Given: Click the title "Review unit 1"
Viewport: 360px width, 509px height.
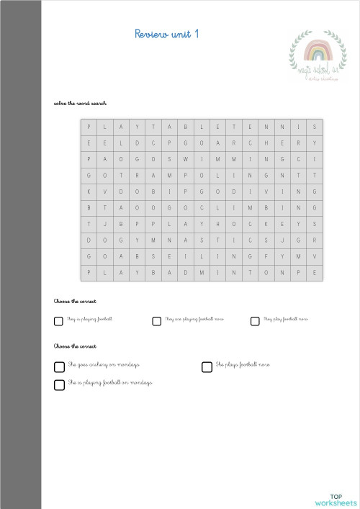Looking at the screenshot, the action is click(167, 34).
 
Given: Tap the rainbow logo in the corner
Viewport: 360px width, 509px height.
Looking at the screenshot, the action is click(315, 58).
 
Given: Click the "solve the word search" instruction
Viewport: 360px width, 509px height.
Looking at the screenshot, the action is click(80, 104).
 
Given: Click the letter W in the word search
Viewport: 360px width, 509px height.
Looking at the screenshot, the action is click(186, 158).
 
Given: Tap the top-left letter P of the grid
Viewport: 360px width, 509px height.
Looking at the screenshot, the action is click(89, 127).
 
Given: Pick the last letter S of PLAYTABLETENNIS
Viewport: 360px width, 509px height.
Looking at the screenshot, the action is click(315, 127).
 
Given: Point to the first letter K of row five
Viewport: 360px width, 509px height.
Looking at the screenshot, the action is click(89, 192).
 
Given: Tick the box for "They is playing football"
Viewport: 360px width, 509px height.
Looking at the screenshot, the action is click(58, 321).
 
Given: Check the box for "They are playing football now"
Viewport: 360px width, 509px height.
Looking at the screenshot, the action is click(156, 321).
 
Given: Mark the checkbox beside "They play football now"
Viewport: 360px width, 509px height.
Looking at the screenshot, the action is click(255, 321).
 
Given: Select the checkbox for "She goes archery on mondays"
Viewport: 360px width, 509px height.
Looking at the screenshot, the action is click(59, 366).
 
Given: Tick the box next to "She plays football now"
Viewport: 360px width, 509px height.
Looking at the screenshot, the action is click(207, 366).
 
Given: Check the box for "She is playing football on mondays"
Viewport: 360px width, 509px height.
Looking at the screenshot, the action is click(59, 384).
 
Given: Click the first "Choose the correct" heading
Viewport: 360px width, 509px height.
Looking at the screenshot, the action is click(75, 301).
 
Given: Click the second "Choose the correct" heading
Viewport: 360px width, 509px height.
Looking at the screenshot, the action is click(75, 346).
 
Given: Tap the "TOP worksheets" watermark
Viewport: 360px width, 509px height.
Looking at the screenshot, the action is click(335, 500).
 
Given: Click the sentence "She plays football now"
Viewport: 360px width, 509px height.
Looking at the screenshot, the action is click(243, 365).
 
